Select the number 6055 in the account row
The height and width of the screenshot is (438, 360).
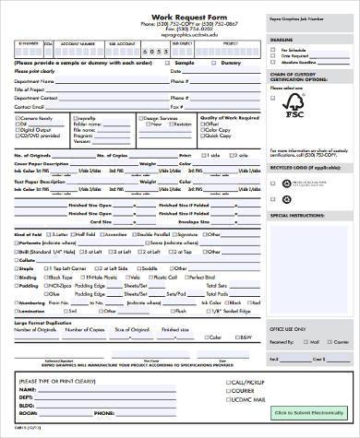click(157, 53)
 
